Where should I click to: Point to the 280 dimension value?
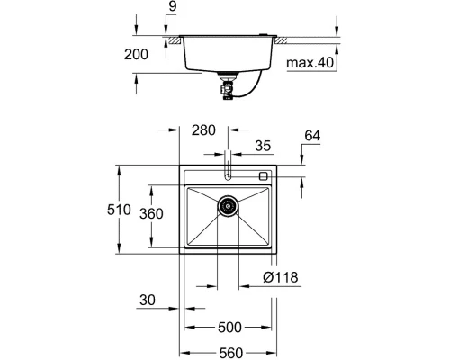[204, 131]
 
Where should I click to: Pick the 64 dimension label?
[312, 136]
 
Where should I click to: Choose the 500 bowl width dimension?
[229, 328]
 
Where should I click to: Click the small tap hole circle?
[229, 176]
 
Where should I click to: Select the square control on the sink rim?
[263, 175]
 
